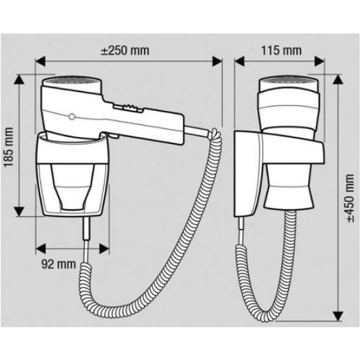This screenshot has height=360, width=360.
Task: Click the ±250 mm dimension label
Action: [125, 51]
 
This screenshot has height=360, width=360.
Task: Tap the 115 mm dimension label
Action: [282, 51]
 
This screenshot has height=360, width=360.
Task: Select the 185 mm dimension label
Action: [8, 147]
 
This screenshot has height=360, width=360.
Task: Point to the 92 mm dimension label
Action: [58, 264]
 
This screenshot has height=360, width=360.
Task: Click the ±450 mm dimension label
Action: [350, 198]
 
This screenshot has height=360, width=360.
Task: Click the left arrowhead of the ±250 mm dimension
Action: [40, 62]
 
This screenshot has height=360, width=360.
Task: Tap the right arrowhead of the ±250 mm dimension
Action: [217, 62]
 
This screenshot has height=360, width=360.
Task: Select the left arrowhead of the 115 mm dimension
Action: [239, 62]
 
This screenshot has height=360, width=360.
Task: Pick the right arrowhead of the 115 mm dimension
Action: [320, 62]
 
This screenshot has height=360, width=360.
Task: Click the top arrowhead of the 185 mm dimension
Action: [19, 79]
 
